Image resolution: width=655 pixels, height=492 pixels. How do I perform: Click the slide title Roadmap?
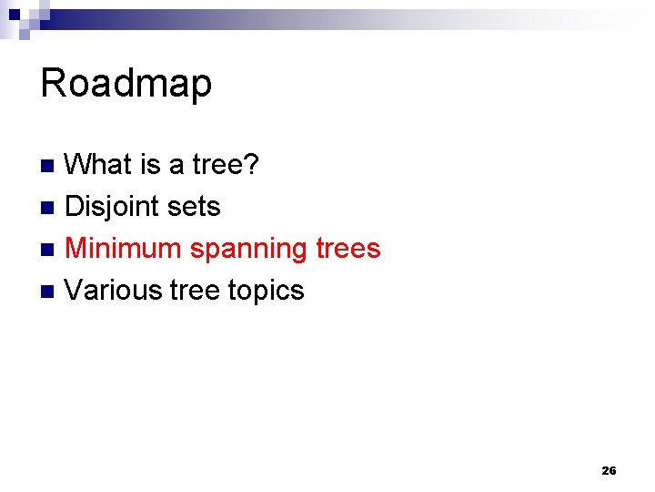click(x=126, y=84)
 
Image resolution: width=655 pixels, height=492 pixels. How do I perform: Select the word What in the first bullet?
click(x=99, y=165)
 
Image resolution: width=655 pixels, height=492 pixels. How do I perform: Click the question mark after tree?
click(x=254, y=165)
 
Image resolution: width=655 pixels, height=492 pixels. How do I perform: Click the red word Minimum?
click(x=124, y=248)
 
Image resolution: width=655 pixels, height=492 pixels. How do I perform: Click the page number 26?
click(x=609, y=471)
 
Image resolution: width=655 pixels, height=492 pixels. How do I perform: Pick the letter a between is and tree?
click(x=176, y=166)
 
